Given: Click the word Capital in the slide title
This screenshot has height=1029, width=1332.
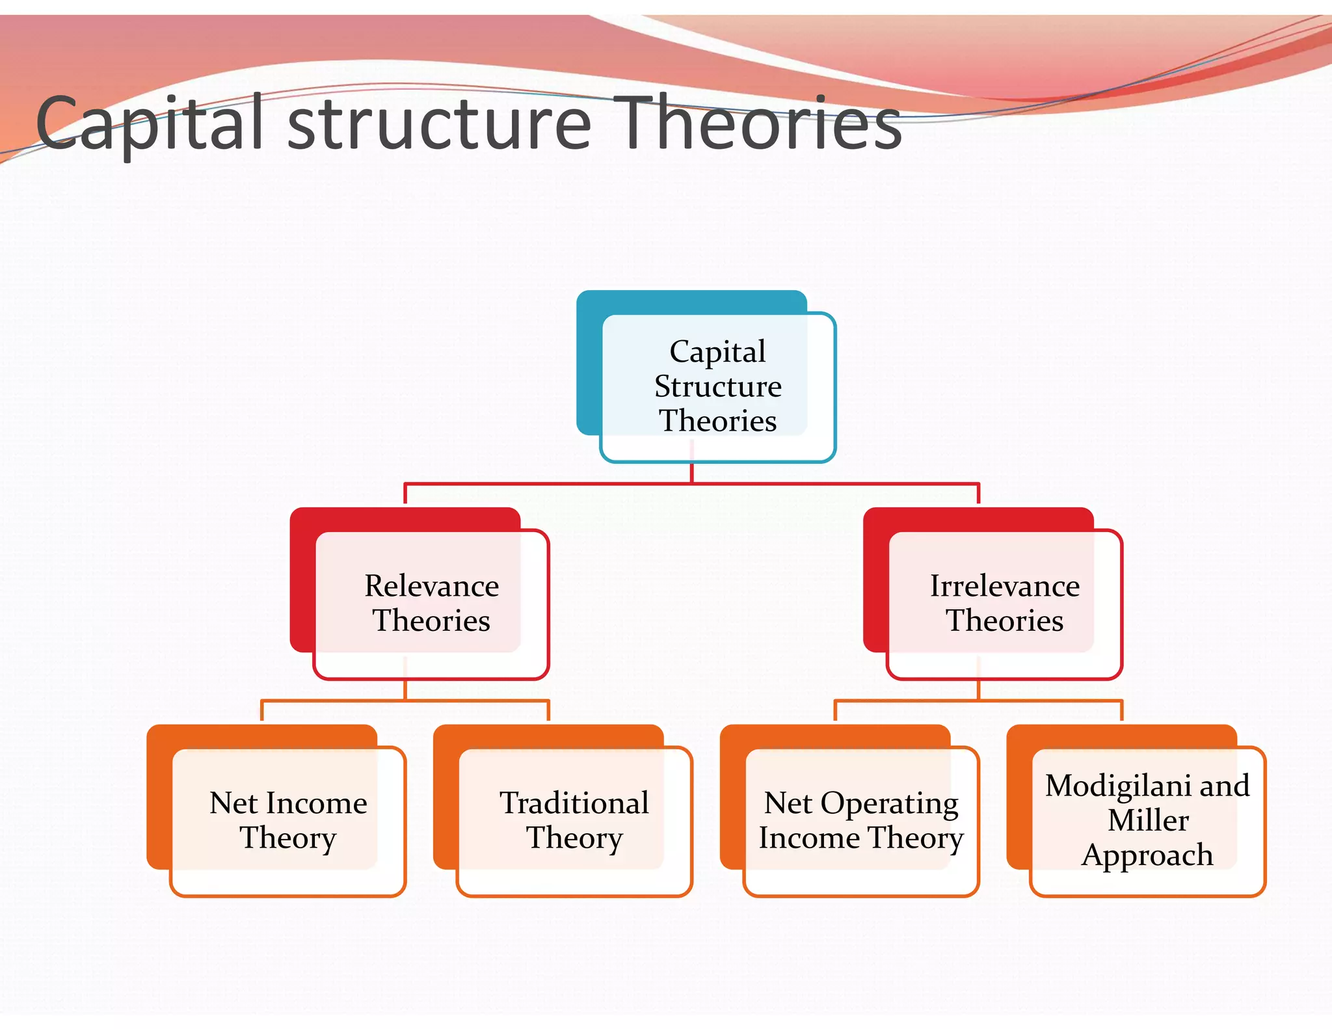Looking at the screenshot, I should [x=150, y=124].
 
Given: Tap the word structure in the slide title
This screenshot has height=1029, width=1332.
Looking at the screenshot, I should [x=439, y=124].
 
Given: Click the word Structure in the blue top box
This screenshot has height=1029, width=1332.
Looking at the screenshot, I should [x=718, y=386].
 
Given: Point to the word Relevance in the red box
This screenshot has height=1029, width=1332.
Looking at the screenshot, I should [x=432, y=586].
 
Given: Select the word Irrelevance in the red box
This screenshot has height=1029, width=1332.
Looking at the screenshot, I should [x=1005, y=586].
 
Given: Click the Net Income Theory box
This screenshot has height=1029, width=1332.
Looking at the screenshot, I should [x=288, y=821].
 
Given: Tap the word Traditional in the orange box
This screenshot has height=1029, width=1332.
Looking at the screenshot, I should [x=574, y=803].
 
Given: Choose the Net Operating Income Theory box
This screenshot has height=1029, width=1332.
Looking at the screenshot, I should [x=861, y=821].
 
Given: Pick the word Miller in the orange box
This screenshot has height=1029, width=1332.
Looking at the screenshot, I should [x=1148, y=820].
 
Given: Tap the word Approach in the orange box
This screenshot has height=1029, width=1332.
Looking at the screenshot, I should [x=1147, y=855].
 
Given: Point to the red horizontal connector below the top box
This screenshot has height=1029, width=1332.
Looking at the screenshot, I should [x=553, y=484].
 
